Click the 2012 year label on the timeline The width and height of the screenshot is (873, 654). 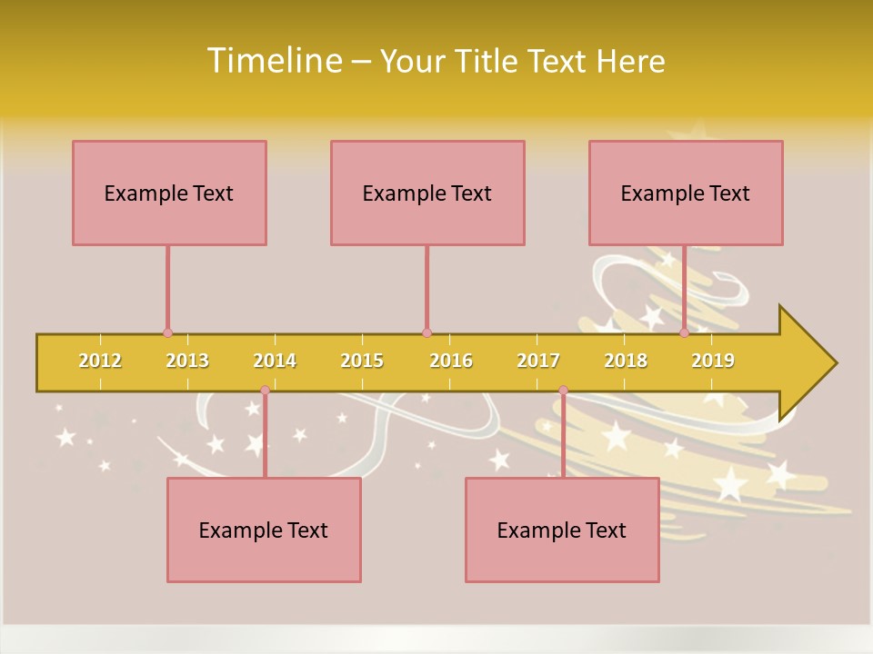(100, 361)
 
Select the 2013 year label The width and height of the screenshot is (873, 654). (187, 361)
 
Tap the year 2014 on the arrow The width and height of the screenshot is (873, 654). (275, 361)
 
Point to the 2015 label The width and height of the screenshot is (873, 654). (362, 361)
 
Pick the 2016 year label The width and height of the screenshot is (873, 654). (451, 361)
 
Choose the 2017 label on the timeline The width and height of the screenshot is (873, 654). (538, 361)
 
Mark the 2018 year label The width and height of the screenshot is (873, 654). (626, 361)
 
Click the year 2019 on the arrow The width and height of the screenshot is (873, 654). (713, 361)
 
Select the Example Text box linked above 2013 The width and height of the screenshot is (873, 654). (169, 193)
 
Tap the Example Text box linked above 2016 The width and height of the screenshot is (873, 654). (427, 193)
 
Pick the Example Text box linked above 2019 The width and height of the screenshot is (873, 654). (686, 193)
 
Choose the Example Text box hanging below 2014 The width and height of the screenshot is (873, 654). (264, 530)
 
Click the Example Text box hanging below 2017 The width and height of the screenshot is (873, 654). (562, 530)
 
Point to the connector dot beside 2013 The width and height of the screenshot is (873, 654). (167, 333)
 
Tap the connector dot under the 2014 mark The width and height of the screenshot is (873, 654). (265, 391)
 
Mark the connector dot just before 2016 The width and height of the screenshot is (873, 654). (426, 333)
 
